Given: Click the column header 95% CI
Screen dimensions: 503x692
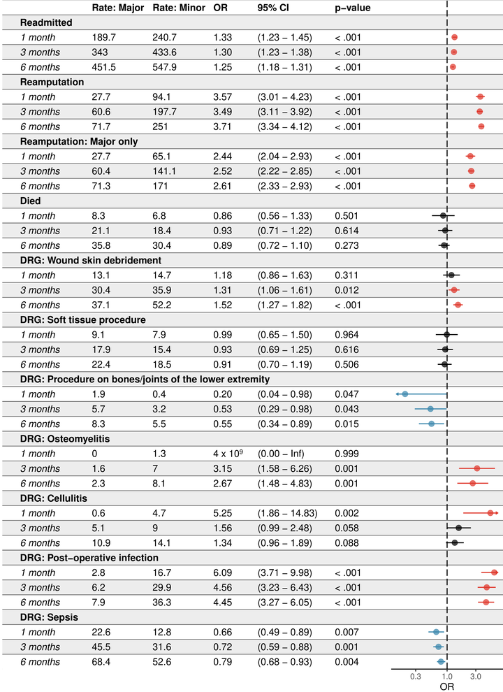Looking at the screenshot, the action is tap(273, 8).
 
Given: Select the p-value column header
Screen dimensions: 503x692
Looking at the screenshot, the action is tap(353, 8).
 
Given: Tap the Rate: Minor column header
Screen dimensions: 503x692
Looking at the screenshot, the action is tap(179, 8).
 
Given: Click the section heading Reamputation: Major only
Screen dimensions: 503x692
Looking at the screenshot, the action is tap(79, 141).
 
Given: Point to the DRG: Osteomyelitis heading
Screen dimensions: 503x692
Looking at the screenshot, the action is tap(65, 439).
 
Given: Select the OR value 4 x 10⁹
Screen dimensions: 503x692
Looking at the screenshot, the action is tap(228, 453).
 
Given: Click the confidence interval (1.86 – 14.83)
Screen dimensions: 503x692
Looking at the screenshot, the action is tap(287, 513).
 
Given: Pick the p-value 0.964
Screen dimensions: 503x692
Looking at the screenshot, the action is tap(347, 335).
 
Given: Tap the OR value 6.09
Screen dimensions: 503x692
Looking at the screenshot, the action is tap(222, 572).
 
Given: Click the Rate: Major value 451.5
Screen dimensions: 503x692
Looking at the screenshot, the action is tap(103, 67).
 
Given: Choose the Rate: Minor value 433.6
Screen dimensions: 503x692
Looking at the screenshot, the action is tap(165, 52).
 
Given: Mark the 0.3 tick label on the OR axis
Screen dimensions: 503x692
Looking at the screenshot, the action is tap(416, 677).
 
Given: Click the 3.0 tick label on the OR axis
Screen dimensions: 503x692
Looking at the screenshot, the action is tap(476, 677).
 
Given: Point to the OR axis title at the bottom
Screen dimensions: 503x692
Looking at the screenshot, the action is tap(447, 686).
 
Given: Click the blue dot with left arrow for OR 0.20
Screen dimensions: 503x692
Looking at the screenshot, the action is tap(405, 394).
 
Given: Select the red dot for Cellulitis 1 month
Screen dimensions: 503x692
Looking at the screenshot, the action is tap(490, 513).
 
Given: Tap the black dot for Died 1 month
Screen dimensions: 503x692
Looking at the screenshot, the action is tap(443, 216).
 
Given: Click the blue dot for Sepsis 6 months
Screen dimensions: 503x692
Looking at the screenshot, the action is tap(441, 661).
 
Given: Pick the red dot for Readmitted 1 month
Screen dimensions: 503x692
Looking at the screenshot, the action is tap(455, 38).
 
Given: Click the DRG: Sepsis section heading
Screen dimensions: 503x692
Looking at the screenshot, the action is tap(49, 617).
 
